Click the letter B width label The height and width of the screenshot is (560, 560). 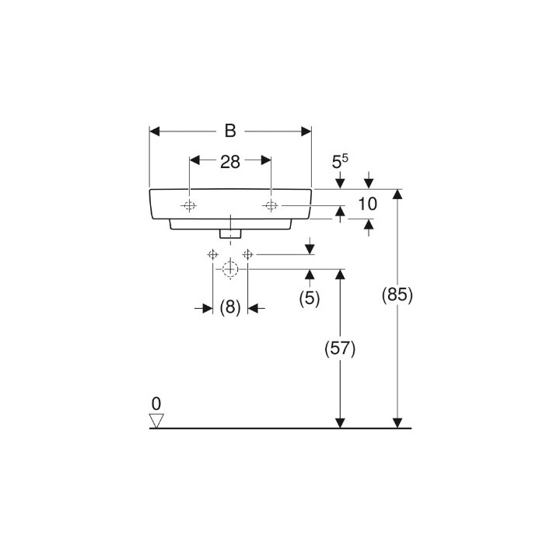point(230,131)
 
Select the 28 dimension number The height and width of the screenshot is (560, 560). point(230,162)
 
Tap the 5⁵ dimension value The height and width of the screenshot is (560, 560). point(340,162)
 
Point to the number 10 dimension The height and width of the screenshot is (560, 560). point(367,204)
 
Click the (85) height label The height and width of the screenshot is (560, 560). point(397,296)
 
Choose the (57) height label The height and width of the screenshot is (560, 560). point(340,348)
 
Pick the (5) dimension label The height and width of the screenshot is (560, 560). point(310,298)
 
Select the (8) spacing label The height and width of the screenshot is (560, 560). point(230,307)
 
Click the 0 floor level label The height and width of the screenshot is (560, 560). point(156,404)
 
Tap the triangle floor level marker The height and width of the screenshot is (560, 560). point(156,421)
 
